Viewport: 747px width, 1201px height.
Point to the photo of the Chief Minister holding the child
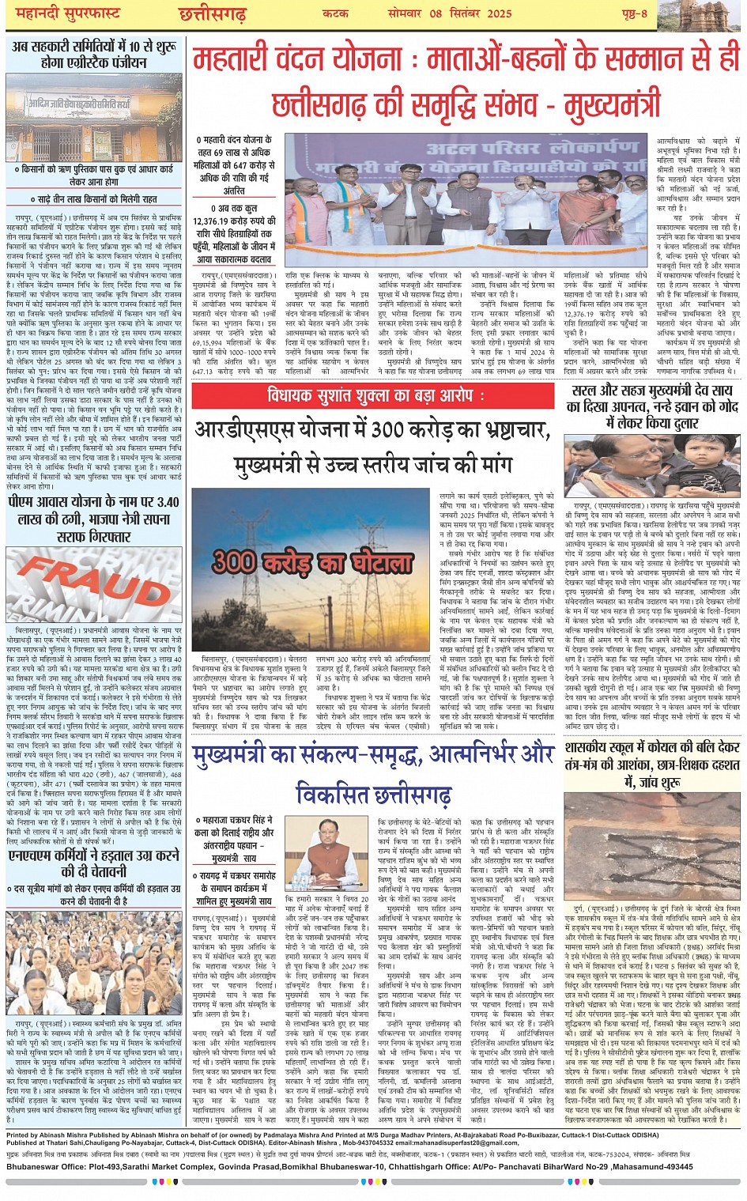(652, 468)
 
